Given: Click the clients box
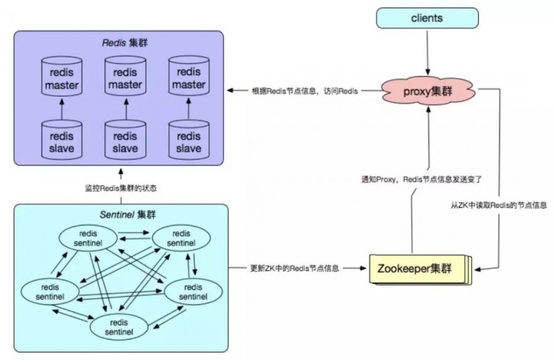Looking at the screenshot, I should [427, 18].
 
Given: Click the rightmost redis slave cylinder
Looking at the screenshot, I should [189, 142].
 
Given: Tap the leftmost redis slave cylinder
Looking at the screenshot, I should [62, 142].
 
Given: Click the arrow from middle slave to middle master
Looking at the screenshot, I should [125, 111].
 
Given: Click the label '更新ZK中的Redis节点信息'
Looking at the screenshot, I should [295, 268].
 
